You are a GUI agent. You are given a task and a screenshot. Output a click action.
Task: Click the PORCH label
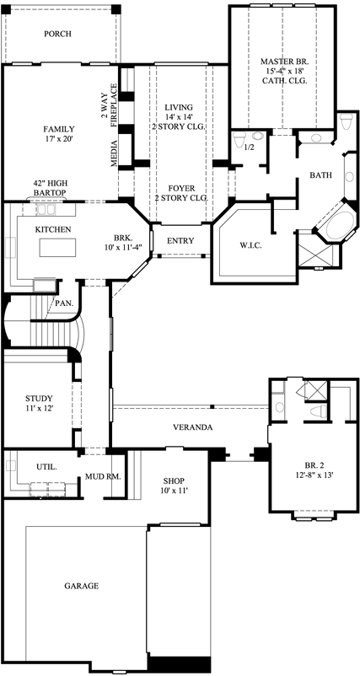pyautogui.click(x=57, y=35)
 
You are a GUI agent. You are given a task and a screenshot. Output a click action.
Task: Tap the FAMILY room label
pyautogui.click(x=59, y=129)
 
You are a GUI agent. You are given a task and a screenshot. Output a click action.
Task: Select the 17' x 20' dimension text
pyautogui.click(x=59, y=140)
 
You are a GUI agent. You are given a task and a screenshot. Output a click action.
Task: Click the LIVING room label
pyautogui.click(x=178, y=106)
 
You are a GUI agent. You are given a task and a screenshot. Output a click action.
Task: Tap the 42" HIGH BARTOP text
pyautogui.click(x=51, y=187)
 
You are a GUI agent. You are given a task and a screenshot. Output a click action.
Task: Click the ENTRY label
pyautogui.click(x=180, y=241)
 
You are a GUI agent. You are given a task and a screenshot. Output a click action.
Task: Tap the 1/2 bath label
pyautogui.click(x=250, y=148)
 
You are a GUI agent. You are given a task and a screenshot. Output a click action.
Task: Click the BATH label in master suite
pyautogui.click(x=320, y=175)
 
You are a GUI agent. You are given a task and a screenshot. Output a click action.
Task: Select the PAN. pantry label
pyautogui.click(x=62, y=303)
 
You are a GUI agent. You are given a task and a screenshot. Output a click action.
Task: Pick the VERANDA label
pyautogui.click(x=192, y=428)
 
